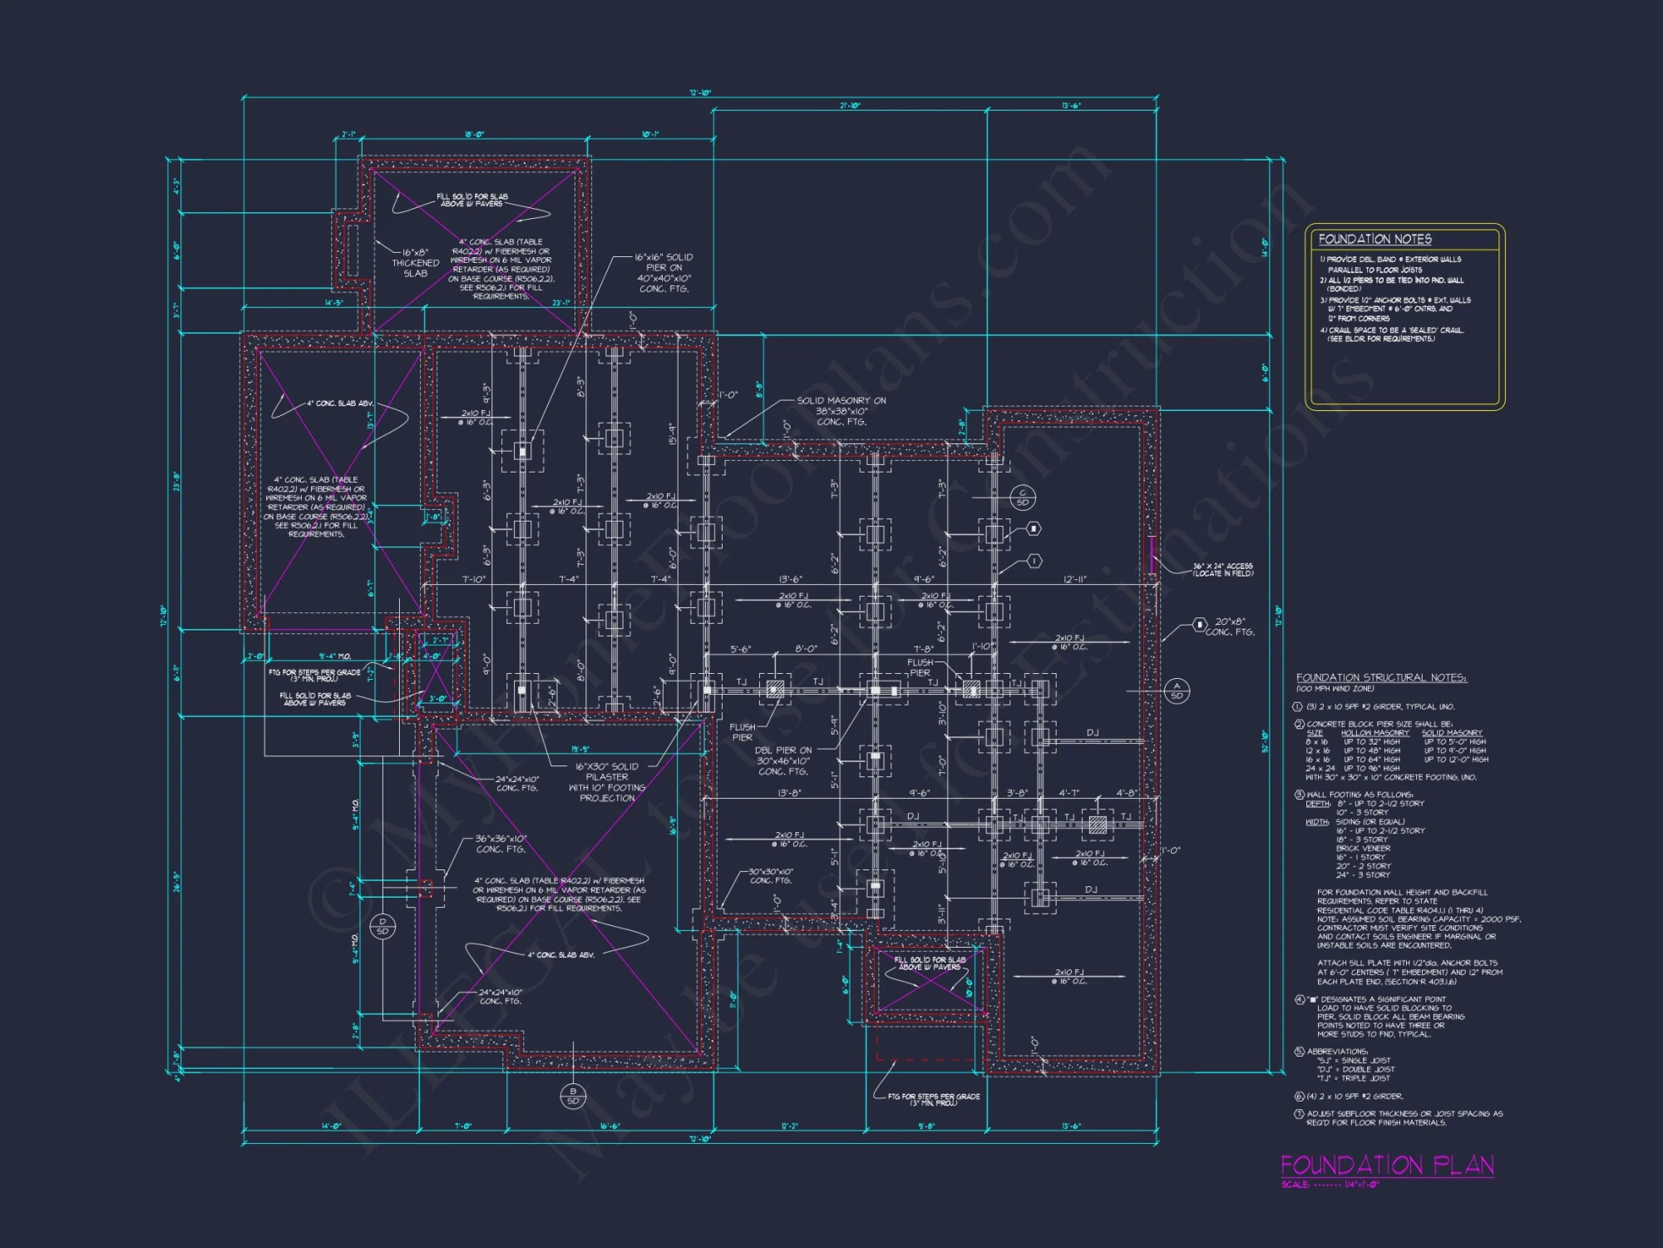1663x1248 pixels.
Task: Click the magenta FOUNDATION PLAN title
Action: point(1386,1165)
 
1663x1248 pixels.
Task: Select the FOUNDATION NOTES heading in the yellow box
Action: point(1374,240)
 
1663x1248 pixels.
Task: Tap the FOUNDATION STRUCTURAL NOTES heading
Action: point(1381,678)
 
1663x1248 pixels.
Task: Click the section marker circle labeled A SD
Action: point(1177,691)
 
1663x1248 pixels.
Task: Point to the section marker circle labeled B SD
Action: point(573,1096)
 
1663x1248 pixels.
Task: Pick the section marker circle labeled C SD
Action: point(1023,498)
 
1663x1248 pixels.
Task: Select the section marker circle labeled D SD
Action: point(382,926)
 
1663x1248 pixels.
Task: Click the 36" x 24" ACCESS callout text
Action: point(1222,570)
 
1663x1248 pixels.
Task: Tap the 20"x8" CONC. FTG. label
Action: point(1230,626)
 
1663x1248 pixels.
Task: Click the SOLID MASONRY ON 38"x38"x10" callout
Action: point(841,411)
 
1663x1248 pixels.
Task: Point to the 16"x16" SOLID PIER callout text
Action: point(664,273)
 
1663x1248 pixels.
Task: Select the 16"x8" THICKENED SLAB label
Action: point(416,263)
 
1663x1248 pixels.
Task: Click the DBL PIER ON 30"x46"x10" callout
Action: point(782,760)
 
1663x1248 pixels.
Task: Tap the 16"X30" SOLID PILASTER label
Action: point(607,782)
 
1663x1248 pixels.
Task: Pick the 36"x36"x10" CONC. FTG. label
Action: point(501,844)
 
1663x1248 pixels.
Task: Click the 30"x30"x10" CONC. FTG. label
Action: point(770,876)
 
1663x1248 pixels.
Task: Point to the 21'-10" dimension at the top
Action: point(850,106)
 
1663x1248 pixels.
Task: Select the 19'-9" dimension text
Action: point(580,750)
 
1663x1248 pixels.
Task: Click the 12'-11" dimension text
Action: point(1074,579)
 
